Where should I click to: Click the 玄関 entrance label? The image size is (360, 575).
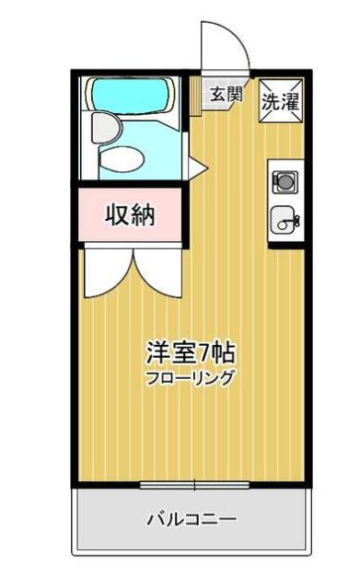pyautogui.click(x=225, y=94)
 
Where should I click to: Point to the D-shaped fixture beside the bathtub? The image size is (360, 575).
pyautogui.click(x=104, y=125)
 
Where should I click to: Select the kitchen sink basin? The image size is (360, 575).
pyautogui.click(x=281, y=221)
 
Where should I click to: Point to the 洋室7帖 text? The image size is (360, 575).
pyautogui.click(x=189, y=352)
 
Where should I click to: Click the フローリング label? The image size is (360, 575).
pyautogui.click(x=190, y=377)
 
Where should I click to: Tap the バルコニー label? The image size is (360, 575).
pyautogui.click(x=192, y=519)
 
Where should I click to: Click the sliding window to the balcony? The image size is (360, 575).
pyautogui.click(x=195, y=485)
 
